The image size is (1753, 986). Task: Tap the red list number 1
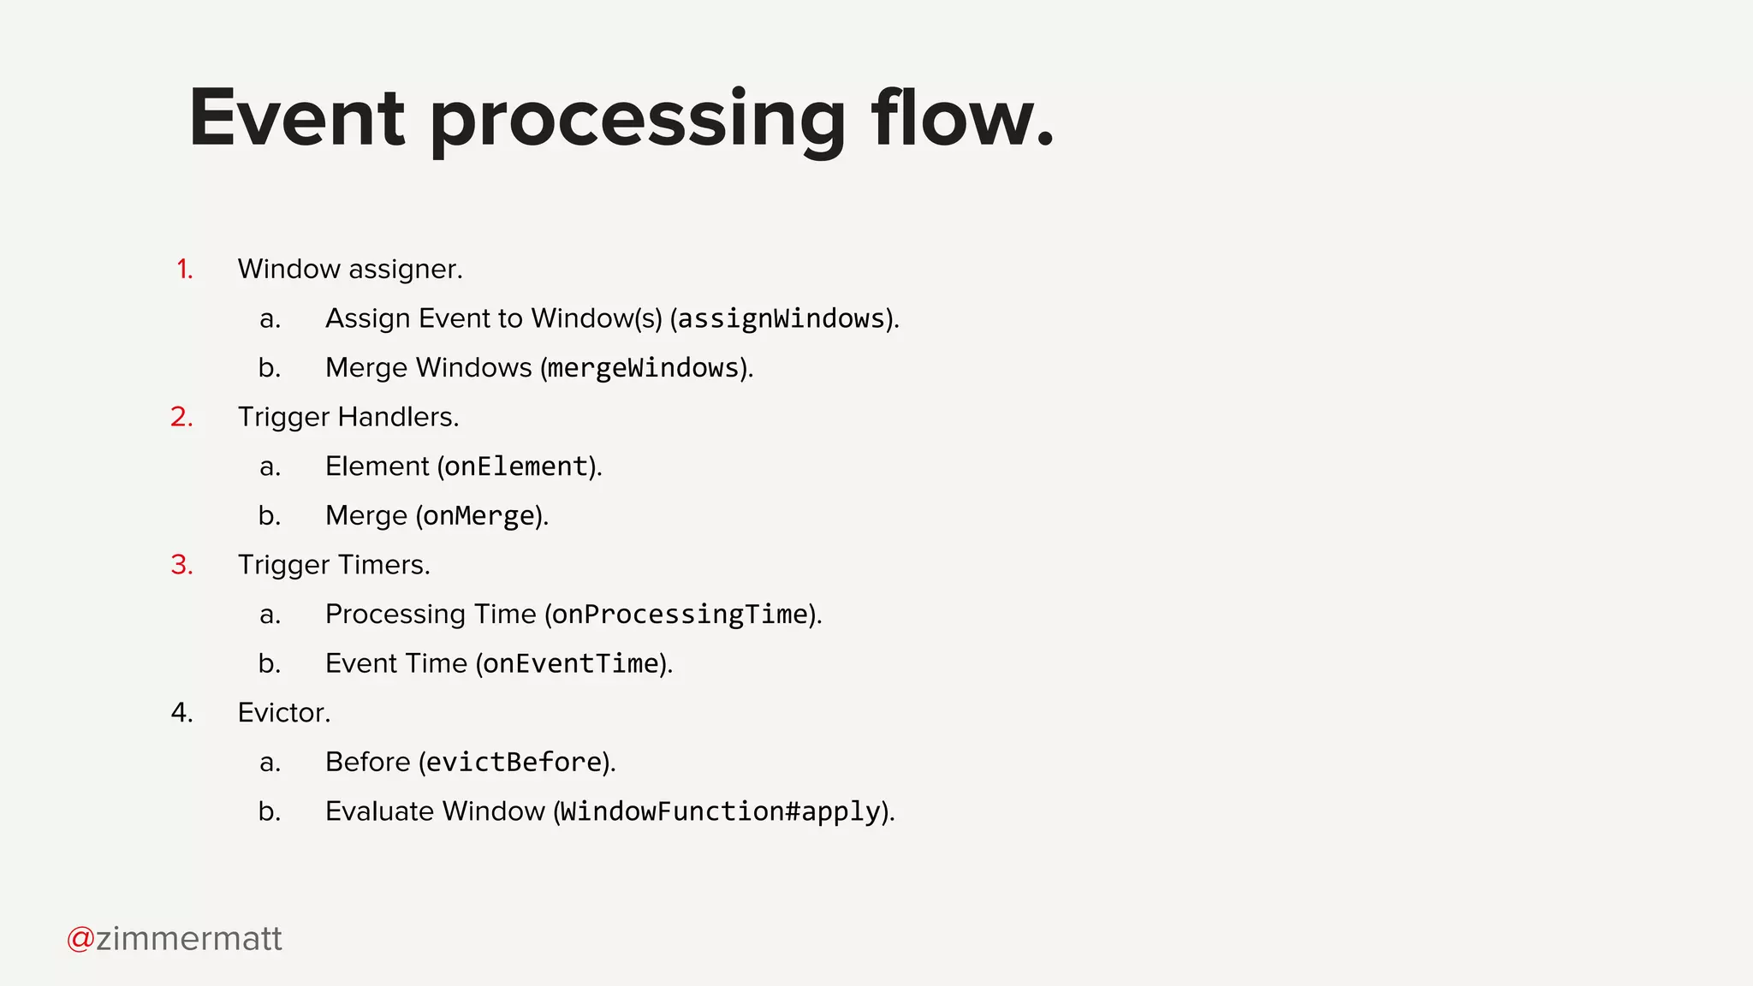click(184, 270)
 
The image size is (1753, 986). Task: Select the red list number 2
click(181, 418)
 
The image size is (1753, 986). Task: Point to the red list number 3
click(181, 566)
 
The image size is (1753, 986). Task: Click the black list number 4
click(181, 713)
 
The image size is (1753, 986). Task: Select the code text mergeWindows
click(643, 368)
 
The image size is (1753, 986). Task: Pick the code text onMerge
click(478, 516)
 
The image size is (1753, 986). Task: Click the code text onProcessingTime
click(680, 615)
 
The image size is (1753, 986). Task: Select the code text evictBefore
click(514, 763)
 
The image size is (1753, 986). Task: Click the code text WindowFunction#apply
click(720, 811)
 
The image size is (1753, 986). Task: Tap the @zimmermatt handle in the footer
click(175, 939)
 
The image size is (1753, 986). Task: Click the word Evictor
click(283, 713)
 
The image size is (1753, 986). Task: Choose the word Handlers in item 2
click(398, 418)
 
